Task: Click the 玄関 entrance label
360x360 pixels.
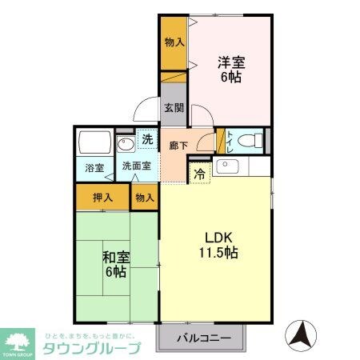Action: tap(174, 106)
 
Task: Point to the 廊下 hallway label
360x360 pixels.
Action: tap(178, 146)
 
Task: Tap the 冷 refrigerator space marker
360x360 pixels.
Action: tap(198, 171)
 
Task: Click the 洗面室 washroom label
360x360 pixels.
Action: tap(134, 167)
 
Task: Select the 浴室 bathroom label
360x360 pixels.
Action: tap(94, 168)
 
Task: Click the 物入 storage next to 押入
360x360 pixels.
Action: tap(145, 196)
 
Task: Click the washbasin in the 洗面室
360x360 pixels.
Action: tap(126, 145)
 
